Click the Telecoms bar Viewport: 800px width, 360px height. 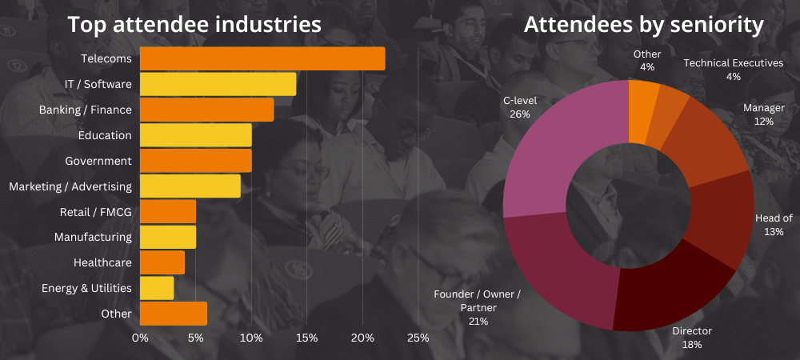tap(262, 59)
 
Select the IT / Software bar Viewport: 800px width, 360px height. tap(218, 84)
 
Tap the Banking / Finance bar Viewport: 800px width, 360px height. tap(206, 110)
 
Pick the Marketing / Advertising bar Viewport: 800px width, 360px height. tap(190, 186)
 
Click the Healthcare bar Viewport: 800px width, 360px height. tap(162, 262)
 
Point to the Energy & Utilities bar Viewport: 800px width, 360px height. tap(157, 288)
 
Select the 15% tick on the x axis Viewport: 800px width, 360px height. tap(306, 338)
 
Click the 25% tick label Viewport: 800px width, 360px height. tap(418, 338)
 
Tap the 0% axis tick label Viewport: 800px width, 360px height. tap(140, 338)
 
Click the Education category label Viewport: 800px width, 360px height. tap(105, 135)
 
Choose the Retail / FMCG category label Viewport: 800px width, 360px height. tap(95, 212)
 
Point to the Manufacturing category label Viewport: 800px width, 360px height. tap(93, 237)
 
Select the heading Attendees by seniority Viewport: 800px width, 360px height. tap(643, 25)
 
